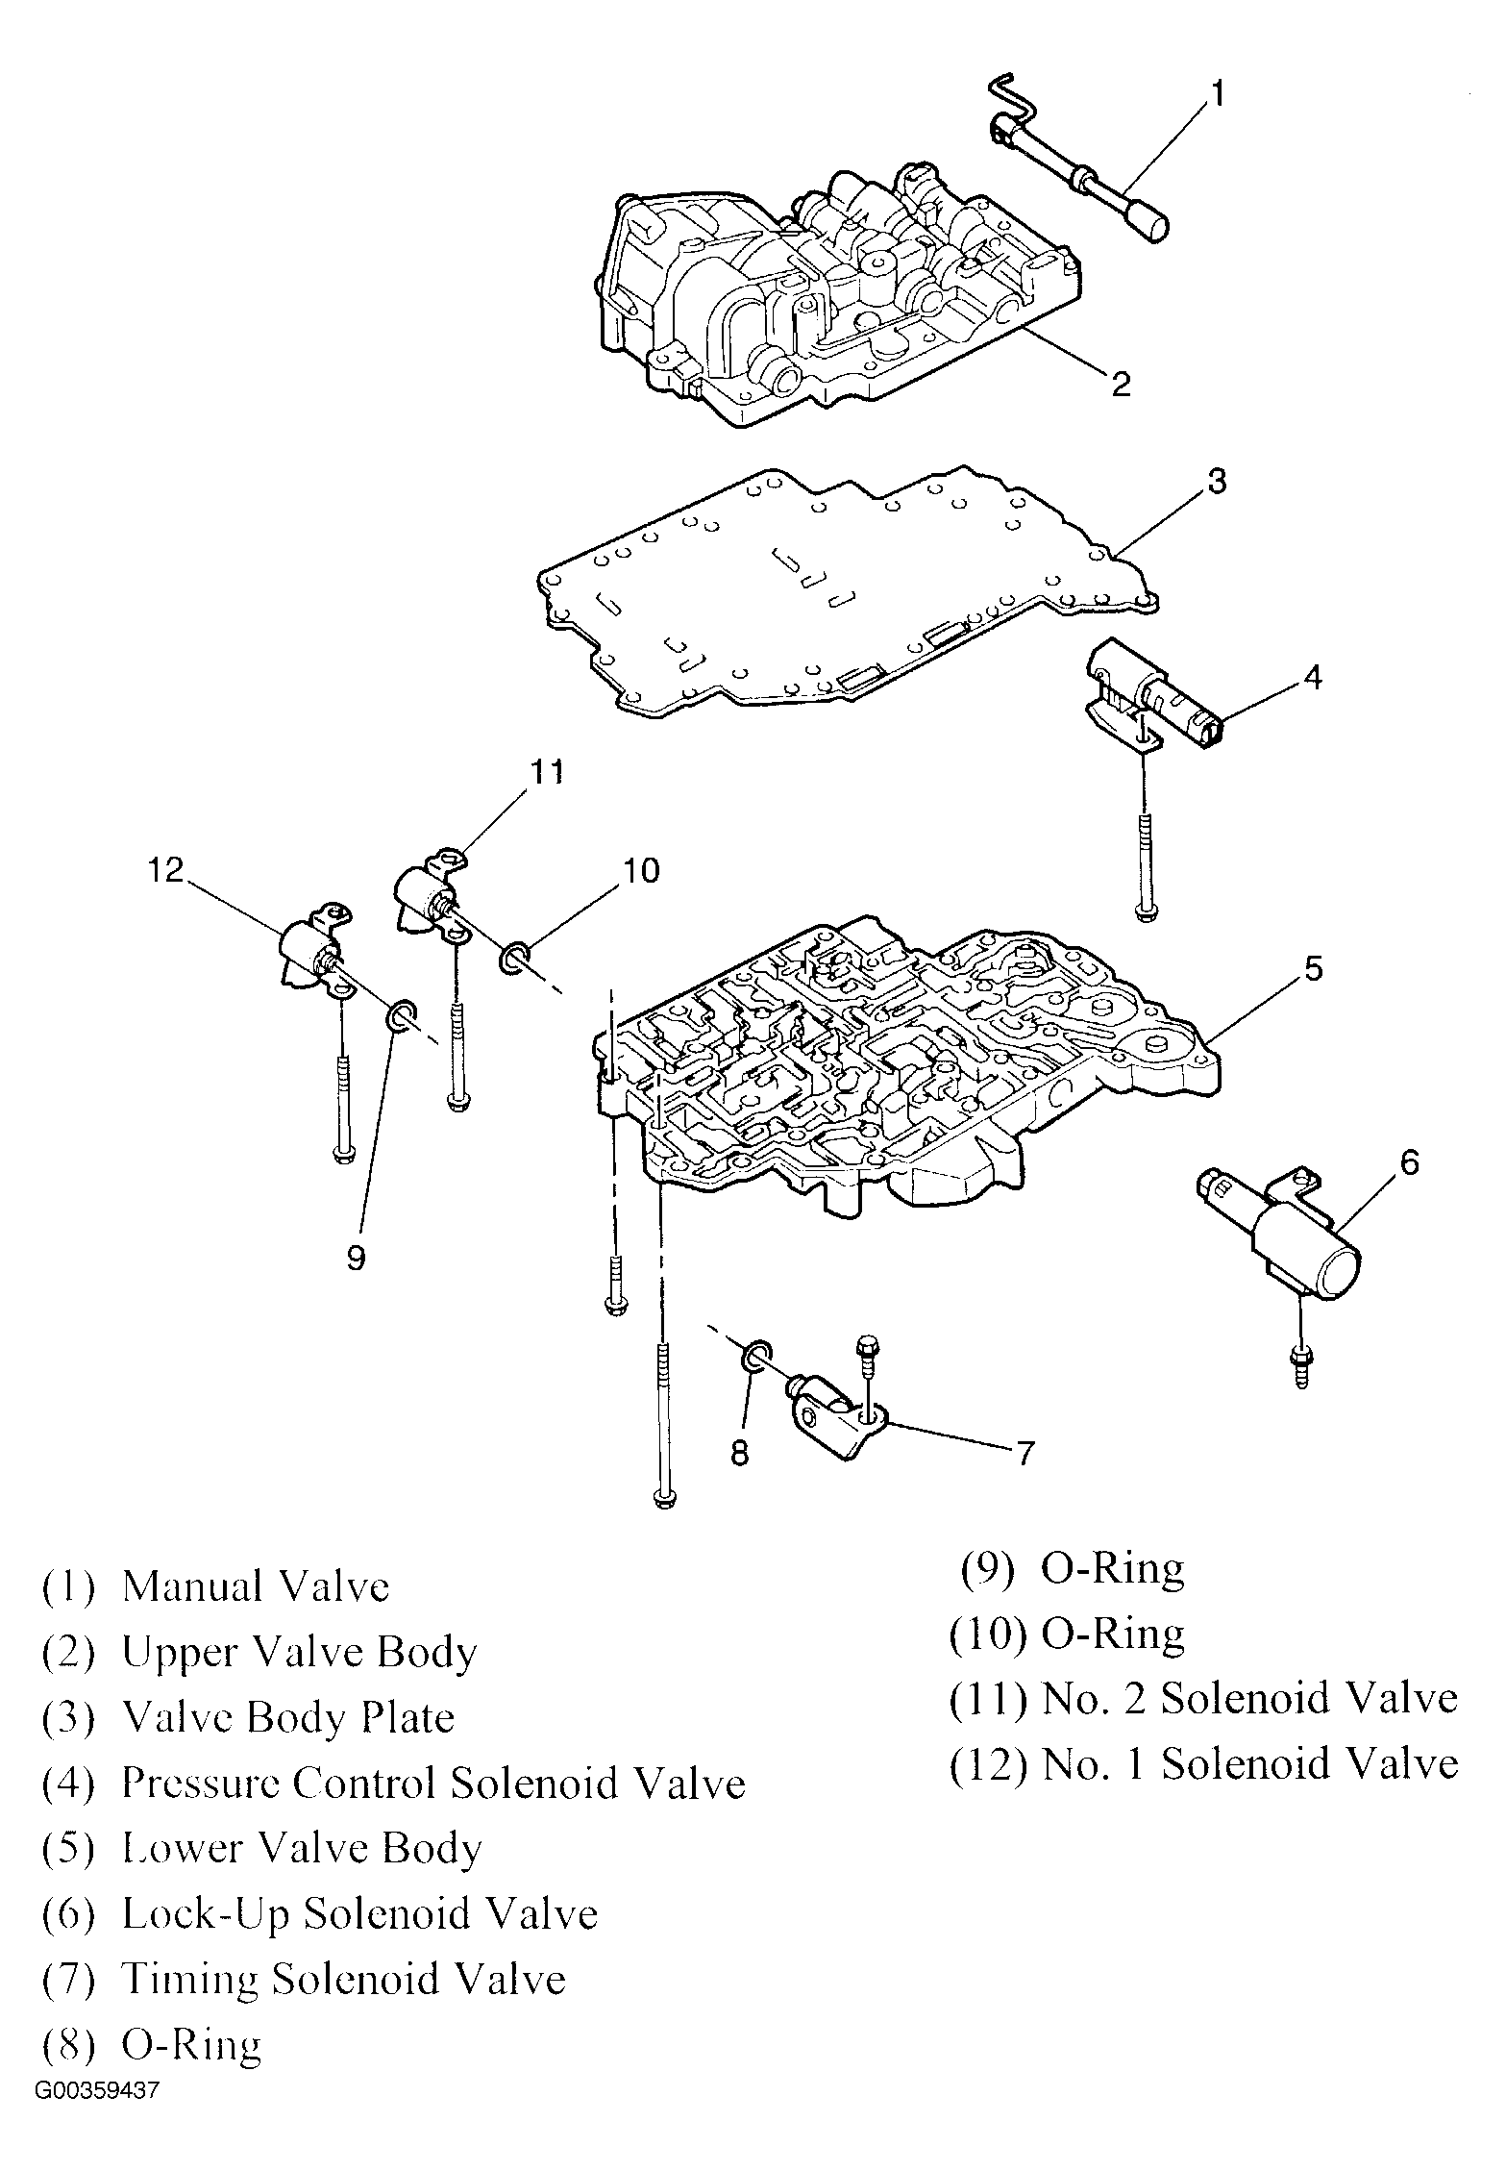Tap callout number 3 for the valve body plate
[1217, 481]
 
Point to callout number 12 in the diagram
[165, 870]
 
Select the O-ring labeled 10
[514, 957]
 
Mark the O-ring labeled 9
[401, 1014]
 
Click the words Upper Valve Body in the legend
[299, 1652]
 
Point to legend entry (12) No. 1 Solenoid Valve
[1203, 1763]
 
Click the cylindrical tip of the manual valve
[1149, 228]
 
